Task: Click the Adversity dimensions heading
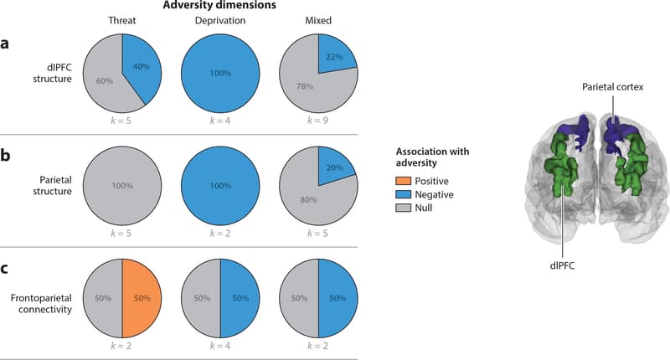coord(219,7)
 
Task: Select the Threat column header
coord(122,20)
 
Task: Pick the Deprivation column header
coord(219,20)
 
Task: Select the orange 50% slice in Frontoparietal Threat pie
coord(142,297)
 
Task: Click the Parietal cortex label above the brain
coord(615,86)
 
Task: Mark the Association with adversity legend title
coord(430,158)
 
